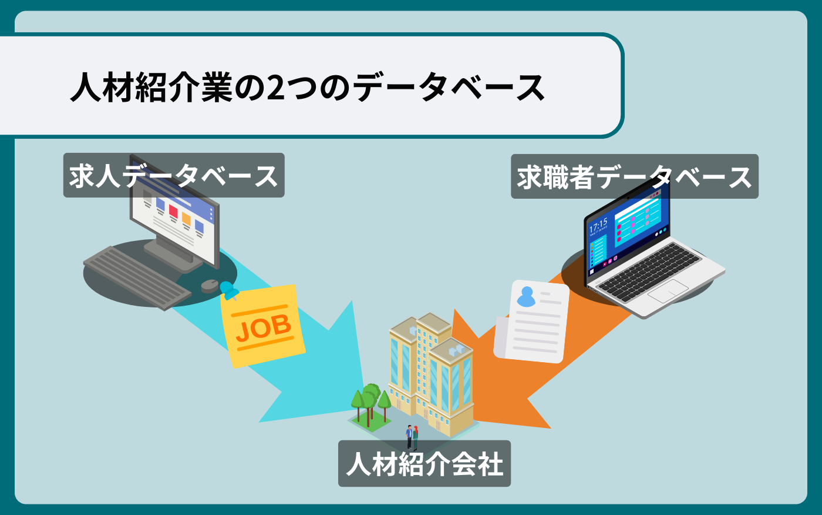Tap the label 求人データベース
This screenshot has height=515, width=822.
point(174,176)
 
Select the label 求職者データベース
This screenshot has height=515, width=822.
point(634,177)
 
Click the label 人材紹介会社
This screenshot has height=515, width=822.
point(424,464)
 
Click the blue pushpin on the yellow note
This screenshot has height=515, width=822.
point(228,290)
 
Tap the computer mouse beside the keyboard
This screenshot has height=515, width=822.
point(210,286)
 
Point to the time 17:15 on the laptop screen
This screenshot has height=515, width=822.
point(598,226)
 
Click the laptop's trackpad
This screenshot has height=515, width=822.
point(668,290)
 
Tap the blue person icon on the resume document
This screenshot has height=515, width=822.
point(526,296)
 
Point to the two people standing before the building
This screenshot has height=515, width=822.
point(412,437)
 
